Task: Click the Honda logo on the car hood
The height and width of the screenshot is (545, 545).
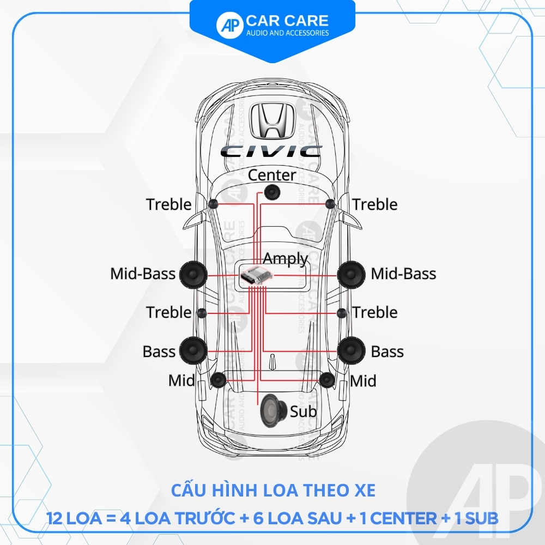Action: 272,121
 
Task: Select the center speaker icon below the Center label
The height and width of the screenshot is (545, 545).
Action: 272,191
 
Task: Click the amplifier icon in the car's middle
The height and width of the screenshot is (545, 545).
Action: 256,276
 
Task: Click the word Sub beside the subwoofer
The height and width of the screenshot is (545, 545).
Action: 303,411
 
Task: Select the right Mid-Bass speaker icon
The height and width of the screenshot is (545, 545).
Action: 351,274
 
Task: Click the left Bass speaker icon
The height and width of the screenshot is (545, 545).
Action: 193,350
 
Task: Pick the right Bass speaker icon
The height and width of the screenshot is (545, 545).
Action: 351,350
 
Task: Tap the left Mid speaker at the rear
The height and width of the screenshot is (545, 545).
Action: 218,380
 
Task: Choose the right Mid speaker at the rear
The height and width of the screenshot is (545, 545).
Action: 327,380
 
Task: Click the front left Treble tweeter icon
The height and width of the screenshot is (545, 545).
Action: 213,204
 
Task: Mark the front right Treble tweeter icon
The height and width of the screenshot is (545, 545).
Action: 330,204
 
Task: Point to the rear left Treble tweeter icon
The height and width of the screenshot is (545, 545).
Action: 202,313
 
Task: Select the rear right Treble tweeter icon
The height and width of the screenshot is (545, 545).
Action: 342,313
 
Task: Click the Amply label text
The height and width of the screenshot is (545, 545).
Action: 285,258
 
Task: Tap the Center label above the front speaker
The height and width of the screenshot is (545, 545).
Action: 272,175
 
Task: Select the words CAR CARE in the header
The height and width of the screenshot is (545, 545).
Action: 287,21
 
